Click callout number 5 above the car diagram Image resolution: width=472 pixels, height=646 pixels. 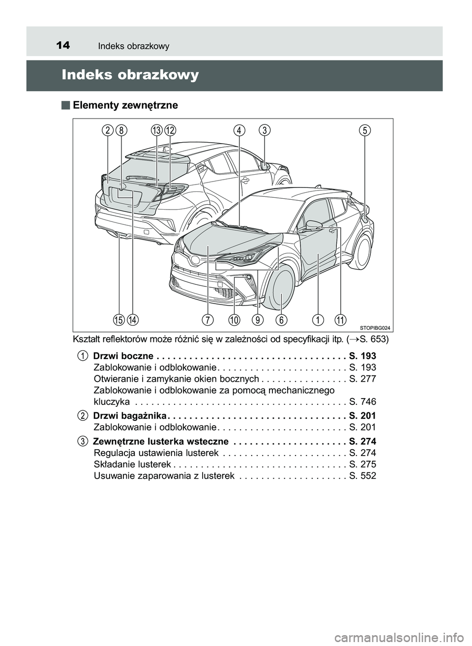click(364, 130)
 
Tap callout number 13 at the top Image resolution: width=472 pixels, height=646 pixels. click(157, 130)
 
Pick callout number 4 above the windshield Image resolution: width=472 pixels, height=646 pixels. click(239, 130)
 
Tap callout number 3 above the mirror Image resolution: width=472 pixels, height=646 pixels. click(265, 130)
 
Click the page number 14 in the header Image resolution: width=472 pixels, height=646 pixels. click(62, 46)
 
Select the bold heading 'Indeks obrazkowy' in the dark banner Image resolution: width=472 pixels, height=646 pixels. click(130, 75)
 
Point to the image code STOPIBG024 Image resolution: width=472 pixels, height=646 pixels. click(375, 327)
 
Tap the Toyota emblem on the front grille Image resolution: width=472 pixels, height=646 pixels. click(195, 259)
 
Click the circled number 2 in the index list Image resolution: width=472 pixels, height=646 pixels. click(83, 416)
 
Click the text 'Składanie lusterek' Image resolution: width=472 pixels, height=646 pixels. click(132, 464)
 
